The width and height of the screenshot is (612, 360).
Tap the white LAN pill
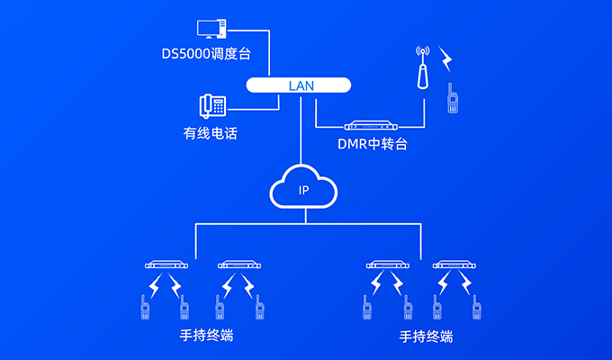(299, 85)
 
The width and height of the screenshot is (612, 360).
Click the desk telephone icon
(213, 105)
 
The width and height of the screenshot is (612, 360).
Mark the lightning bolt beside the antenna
(446, 60)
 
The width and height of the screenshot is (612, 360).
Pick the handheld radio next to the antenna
(453, 99)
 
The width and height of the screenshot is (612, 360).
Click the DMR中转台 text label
(372, 144)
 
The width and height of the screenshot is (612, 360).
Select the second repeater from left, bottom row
(238, 265)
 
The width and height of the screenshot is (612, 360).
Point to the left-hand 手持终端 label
(206, 337)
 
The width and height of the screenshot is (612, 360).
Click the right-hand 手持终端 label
(425, 337)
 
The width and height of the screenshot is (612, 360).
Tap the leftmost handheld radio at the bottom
(144, 308)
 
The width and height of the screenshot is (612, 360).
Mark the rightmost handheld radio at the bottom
(477, 309)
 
